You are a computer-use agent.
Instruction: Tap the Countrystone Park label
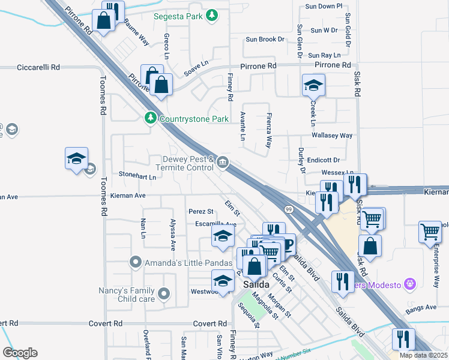pyautogui.click(x=194, y=119)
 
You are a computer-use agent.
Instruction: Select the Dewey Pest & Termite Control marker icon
pyautogui.click(x=223, y=161)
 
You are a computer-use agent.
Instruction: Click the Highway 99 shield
pyautogui.click(x=289, y=209)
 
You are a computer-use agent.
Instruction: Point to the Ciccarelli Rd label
pyautogui.click(x=39, y=68)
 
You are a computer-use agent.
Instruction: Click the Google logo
pyautogui.click(x=20, y=353)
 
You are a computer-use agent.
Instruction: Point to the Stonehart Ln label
pyautogui.click(x=137, y=177)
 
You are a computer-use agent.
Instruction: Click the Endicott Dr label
pyautogui.click(x=324, y=160)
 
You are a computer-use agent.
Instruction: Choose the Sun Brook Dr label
pyautogui.click(x=265, y=40)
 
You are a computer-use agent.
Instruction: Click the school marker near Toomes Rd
pyautogui.click(x=76, y=159)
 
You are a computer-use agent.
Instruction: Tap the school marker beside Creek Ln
pyautogui.click(x=313, y=86)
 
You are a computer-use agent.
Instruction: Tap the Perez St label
pyautogui.click(x=200, y=211)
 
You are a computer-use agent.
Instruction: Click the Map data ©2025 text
pyautogui.click(x=423, y=355)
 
